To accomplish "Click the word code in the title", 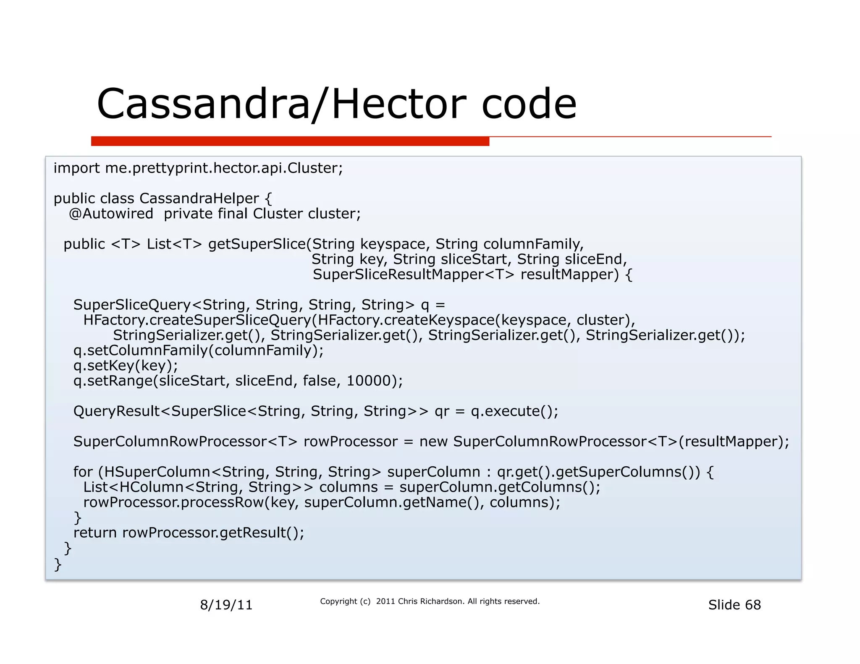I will pos(529,104).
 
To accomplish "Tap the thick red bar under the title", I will pos(290,141).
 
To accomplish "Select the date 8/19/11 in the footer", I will pos(226,605).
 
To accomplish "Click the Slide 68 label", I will pos(734,605).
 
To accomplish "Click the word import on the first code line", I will pos(76,168).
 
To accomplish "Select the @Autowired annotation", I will pos(111,214).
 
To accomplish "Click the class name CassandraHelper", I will pos(199,199).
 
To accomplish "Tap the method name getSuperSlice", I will pos(257,244).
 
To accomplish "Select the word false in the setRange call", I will pos(319,381).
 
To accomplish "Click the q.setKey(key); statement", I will pos(126,366).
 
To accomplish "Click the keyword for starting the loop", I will pos(83,472).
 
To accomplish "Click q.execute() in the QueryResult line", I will pos(514,411).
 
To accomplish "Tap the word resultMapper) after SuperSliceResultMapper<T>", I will pos(569,274).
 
